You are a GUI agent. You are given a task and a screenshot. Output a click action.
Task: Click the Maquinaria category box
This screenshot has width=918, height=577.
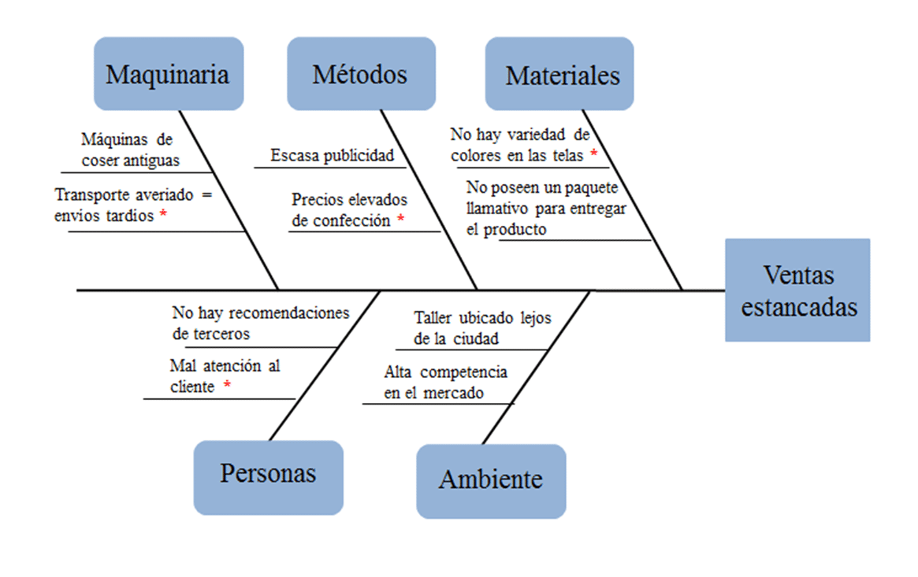click(x=168, y=74)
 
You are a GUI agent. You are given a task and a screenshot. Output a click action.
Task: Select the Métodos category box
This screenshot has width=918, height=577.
click(x=361, y=74)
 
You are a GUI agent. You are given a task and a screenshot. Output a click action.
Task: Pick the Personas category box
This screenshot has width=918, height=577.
click(x=268, y=474)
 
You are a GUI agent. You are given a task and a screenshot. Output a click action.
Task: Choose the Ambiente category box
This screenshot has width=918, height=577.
click(x=490, y=479)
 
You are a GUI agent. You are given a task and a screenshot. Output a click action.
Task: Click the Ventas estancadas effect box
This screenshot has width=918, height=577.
click(x=797, y=290)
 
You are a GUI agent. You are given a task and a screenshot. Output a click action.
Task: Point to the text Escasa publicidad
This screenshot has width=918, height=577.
click(x=332, y=155)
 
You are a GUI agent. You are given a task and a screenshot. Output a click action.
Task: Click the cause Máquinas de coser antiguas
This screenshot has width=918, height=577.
click(x=129, y=150)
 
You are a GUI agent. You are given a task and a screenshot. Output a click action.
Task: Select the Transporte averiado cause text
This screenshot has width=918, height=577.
click(x=133, y=205)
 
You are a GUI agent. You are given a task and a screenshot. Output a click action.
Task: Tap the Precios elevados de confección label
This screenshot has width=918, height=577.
click(x=348, y=210)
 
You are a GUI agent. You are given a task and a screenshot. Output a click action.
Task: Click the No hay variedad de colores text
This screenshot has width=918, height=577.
click(x=520, y=145)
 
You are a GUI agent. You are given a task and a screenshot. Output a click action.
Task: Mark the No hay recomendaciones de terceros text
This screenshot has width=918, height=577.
click(x=259, y=323)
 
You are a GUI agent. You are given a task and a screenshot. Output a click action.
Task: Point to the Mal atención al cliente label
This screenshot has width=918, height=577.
click(x=224, y=375)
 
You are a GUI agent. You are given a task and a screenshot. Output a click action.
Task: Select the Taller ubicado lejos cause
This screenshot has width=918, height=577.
click(x=481, y=328)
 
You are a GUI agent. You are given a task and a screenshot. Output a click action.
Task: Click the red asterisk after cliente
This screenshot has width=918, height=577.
click(x=227, y=386)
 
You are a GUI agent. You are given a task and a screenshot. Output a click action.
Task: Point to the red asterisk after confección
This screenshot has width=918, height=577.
click(x=400, y=220)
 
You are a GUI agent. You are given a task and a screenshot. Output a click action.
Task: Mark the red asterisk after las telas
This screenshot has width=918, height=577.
click(x=593, y=153)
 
